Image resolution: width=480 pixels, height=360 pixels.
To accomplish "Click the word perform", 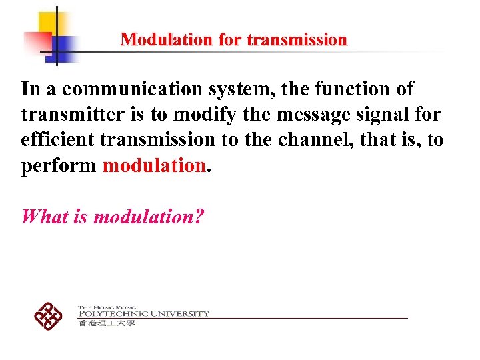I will coord(59,166).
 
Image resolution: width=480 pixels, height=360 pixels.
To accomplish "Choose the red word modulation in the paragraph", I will coord(153,166).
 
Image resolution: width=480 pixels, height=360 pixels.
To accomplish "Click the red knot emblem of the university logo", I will coord(48,315).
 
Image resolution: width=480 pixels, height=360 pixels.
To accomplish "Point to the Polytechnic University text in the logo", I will coord(143,313).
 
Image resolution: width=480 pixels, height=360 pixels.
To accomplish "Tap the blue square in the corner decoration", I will coord(64,45).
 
